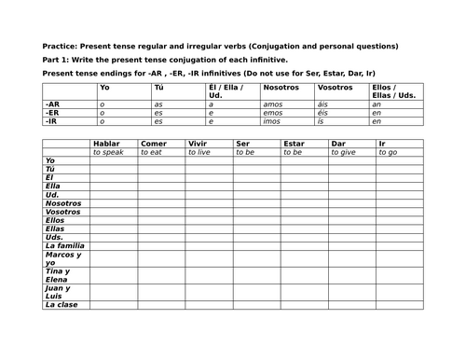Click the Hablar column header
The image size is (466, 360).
pos(107,143)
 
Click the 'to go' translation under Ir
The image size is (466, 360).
pos(388,151)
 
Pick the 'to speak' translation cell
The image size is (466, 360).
pos(108,151)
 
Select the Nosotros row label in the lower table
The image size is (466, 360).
pos(63,202)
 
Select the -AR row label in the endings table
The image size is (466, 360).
pos(52,104)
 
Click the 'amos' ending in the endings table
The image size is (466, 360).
pos(273,104)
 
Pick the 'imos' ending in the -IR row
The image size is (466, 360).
pos(272,121)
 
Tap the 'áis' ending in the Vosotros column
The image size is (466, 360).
pos(323,104)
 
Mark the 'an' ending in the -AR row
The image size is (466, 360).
pos(375,104)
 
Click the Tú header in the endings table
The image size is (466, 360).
pos(159,86)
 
